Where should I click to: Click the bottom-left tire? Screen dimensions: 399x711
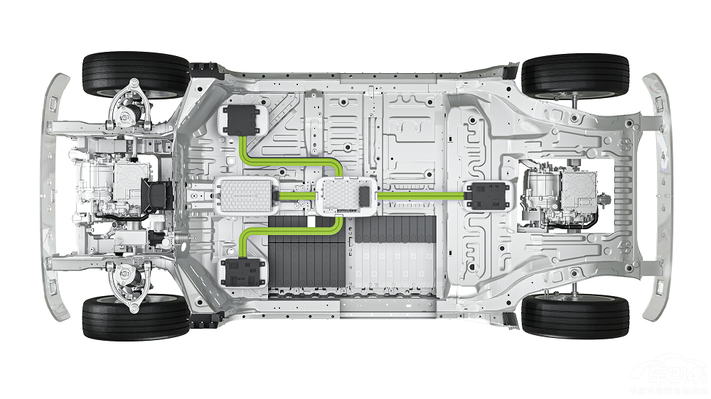[x=136, y=317]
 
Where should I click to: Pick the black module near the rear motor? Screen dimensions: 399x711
[x=487, y=195]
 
